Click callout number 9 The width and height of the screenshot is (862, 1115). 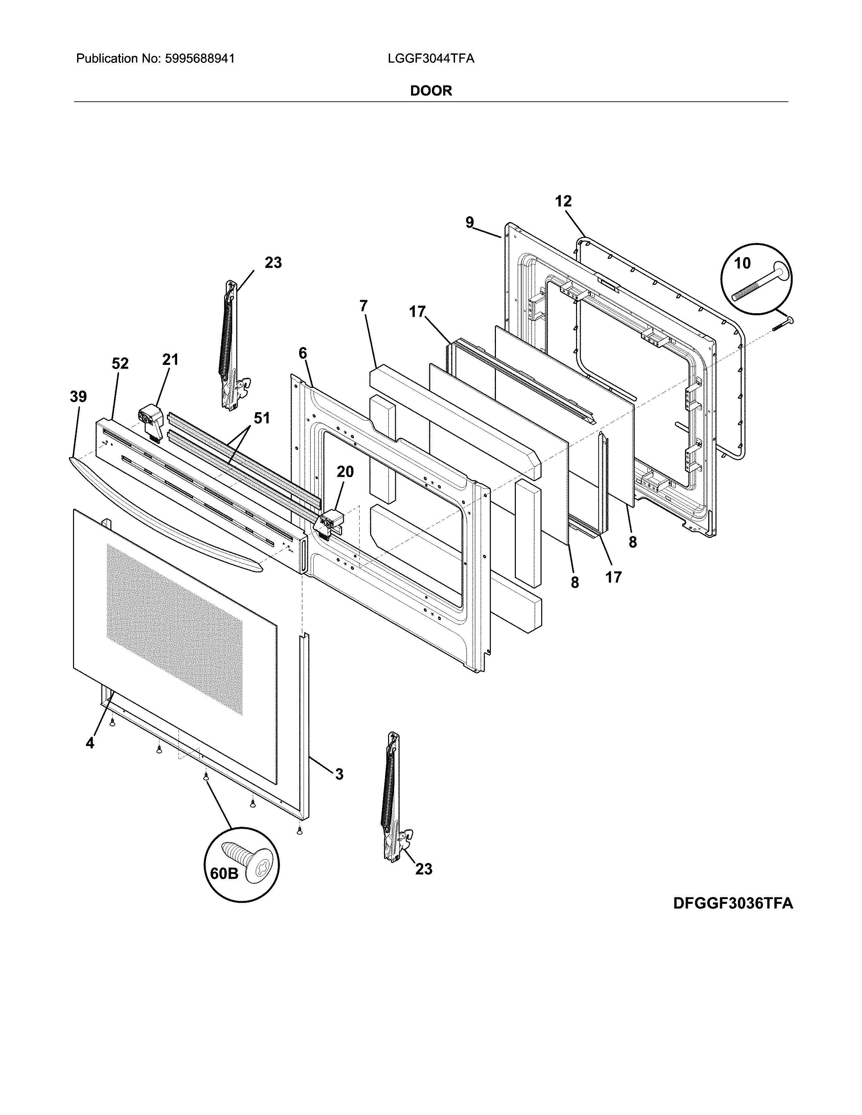[469, 222]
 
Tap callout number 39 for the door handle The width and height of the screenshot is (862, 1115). [78, 397]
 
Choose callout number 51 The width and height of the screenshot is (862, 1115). [261, 418]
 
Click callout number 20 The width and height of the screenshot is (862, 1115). [345, 472]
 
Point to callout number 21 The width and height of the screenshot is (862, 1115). [171, 360]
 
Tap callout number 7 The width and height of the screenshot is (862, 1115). [363, 306]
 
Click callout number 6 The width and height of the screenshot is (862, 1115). [303, 353]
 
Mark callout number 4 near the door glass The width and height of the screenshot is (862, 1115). [90, 743]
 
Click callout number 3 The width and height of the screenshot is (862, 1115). [339, 774]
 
